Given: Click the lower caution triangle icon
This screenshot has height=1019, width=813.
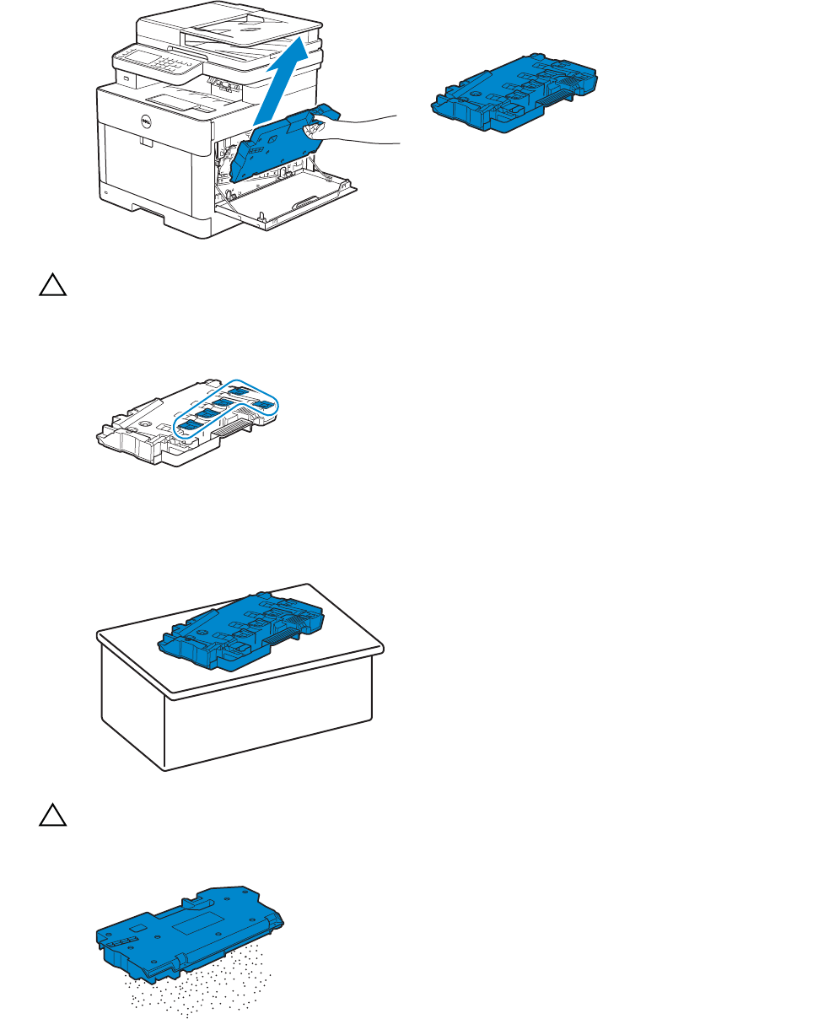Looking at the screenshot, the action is (51, 817).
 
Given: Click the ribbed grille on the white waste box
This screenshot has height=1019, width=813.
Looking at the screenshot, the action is (232, 430).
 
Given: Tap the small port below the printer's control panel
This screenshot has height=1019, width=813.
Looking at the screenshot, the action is (127, 78).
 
